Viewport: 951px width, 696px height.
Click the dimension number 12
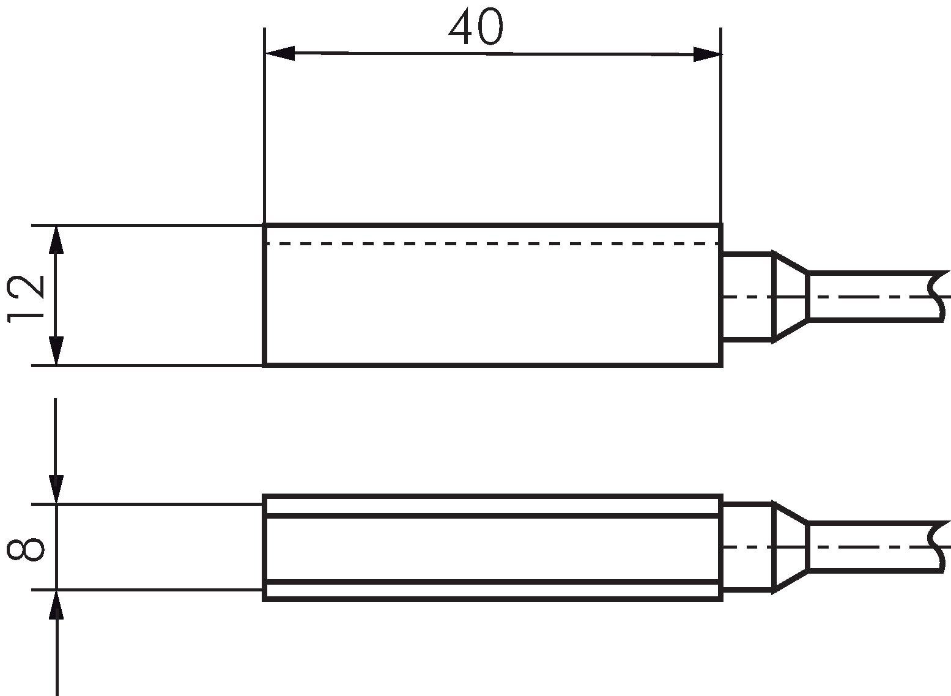pyautogui.click(x=26, y=299)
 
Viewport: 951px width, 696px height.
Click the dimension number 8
pyautogui.click(x=26, y=550)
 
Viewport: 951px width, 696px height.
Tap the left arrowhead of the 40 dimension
pyautogui.click(x=279, y=53)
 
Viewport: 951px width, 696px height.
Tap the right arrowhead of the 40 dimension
pyautogui.click(x=708, y=54)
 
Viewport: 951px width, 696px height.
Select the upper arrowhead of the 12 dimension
pyautogui.click(x=56, y=240)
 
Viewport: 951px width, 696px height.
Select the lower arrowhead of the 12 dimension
pyautogui.click(x=56, y=351)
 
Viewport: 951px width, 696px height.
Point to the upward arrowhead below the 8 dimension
pyautogui.click(x=56, y=605)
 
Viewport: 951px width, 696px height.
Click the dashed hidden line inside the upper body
pyautogui.click(x=492, y=244)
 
